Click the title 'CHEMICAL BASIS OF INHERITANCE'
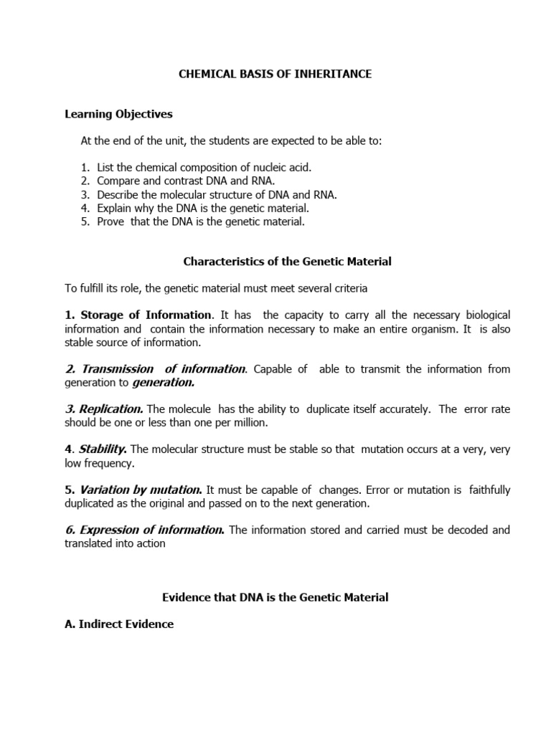click(275, 75)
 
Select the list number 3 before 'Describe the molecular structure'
click(84, 194)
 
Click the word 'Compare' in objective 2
click(119, 181)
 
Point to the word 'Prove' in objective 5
click(111, 221)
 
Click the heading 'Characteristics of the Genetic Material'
click(287, 262)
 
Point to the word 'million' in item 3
click(249, 423)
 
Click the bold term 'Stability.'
click(103, 449)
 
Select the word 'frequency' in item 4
click(108, 464)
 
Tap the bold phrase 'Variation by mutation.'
click(141, 490)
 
